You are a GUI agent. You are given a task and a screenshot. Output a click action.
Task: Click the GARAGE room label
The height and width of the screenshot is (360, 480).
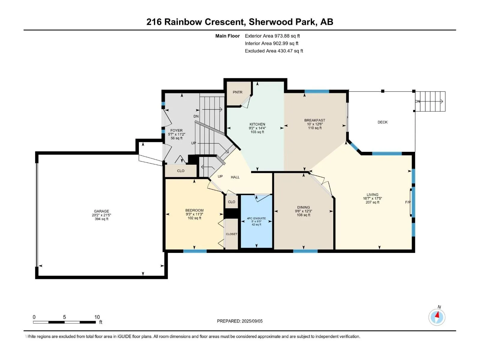click(101, 211)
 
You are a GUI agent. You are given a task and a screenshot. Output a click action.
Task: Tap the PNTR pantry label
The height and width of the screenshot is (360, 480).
click(237, 92)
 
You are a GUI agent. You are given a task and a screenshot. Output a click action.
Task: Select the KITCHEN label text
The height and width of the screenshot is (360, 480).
click(257, 124)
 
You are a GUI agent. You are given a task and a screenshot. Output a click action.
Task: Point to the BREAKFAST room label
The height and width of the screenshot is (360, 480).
click(314, 120)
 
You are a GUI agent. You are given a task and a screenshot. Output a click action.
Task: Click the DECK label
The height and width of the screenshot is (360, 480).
click(382, 122)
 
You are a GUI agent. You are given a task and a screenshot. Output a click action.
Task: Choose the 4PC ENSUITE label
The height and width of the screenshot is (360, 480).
click(256, 218)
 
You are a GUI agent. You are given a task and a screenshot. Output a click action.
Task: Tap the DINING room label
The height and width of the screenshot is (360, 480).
click(303, 207)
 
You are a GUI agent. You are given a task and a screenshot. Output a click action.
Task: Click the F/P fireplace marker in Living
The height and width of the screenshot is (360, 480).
click(408, 202)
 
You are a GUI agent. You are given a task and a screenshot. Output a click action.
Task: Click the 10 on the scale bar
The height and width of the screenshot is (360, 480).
click(97, 317)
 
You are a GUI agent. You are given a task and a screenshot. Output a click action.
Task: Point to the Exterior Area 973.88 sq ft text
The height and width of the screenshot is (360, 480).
click(272, 36)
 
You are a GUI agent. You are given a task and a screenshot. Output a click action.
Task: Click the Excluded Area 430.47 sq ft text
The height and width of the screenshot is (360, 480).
click(274, 51)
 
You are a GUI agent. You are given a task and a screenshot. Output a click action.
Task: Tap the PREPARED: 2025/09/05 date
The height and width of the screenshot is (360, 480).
click(239, 321)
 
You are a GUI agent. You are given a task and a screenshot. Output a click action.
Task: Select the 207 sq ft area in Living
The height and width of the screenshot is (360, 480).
click(372, 202)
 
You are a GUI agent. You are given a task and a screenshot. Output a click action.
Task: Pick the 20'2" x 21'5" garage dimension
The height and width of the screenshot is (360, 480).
click(101, 215)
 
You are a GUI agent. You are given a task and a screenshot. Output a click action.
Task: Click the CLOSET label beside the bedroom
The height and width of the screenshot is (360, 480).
click(231, 234)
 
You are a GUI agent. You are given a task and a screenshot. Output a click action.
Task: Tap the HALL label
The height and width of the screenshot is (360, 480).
click(235, 177)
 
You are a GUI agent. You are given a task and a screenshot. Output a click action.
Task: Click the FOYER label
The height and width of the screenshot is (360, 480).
click(176, 130)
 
